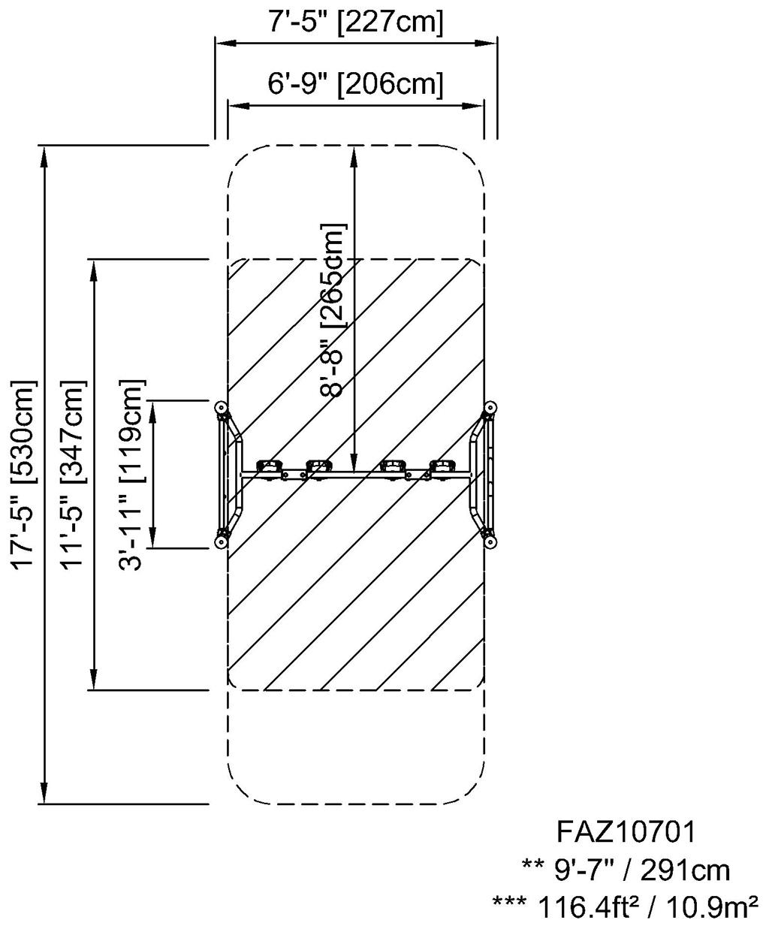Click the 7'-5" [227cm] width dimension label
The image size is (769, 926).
tap(356, 23)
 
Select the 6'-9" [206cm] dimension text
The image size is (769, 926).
tap(356, 83)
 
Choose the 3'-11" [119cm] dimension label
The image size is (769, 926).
tap(132, 475)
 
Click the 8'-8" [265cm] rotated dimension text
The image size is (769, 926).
tap(333, 309)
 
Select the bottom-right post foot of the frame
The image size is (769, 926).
tap(490, 540)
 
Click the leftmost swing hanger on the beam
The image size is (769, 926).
tap(269, 467)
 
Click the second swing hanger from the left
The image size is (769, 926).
tap(318, 467)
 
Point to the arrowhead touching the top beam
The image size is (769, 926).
tap(354, 464)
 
